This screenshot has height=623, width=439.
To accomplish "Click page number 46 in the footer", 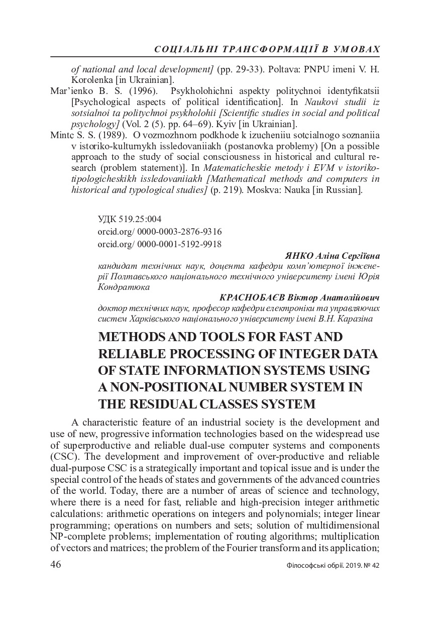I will click(56, 564).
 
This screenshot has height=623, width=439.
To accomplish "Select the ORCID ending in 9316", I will click(160, 232).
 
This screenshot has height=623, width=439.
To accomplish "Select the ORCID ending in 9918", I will click(160, 244).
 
